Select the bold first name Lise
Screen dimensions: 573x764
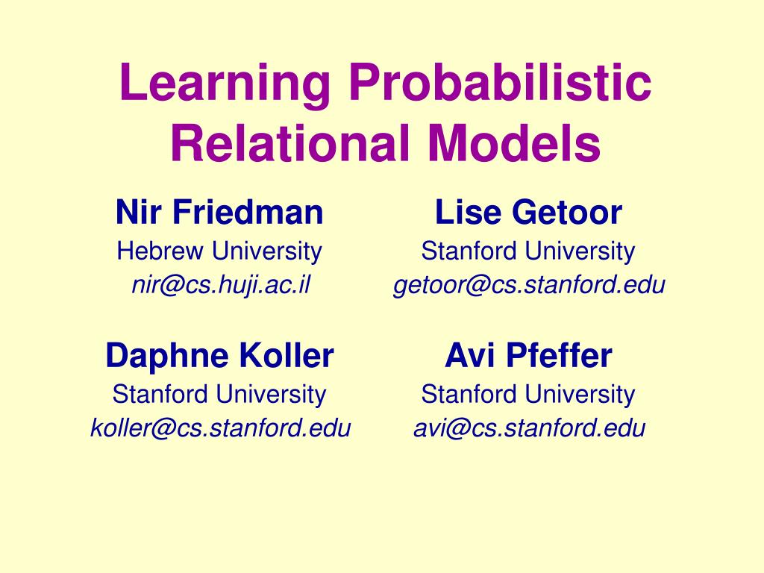click(469, 213)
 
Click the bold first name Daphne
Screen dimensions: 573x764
click(167, 356)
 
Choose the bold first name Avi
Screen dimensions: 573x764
click(471, 356)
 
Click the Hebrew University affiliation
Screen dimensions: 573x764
click(219, 251)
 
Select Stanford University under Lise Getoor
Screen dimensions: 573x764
click(527, 251)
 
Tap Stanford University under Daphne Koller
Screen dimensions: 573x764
click(219, 394)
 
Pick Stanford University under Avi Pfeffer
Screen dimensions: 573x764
click(527, 394)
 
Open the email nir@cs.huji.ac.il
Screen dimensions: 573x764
click(219, 285)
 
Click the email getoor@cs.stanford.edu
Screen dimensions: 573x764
click(529, 285)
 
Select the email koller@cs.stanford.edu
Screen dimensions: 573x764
click(220, 428)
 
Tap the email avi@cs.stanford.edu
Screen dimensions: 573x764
click(529, 428)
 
